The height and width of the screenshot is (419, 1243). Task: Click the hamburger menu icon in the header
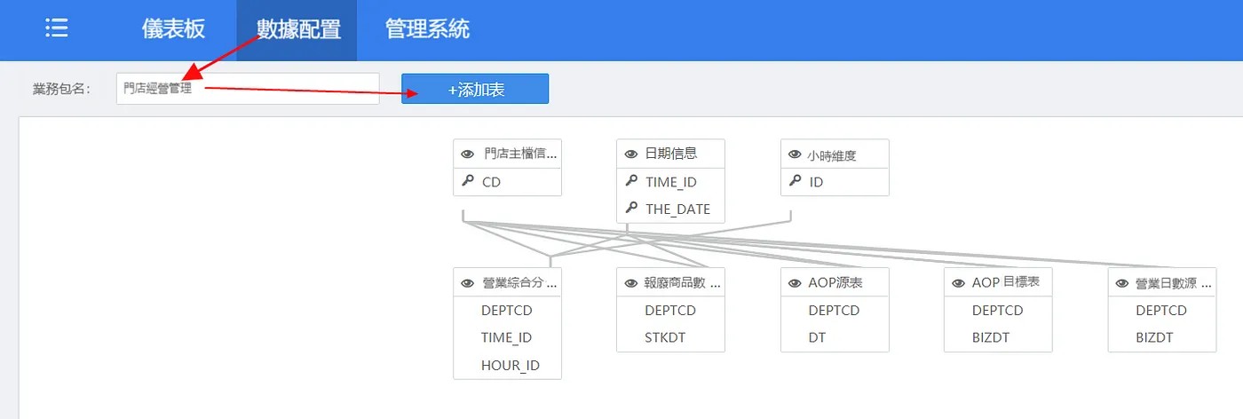(x=57, y=28)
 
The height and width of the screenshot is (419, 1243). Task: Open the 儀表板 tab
(x=173, y=29)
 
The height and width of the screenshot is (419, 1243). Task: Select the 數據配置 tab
(x=298, y=29)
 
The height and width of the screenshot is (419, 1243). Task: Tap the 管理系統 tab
(x=427, y=29)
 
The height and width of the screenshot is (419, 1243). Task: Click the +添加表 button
(x=475, y=89)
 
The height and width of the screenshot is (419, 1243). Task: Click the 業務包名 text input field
(x=248, y=89)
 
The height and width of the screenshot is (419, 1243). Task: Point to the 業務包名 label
(x=61, y=89)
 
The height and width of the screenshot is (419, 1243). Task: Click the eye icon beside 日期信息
(x=631, y=154)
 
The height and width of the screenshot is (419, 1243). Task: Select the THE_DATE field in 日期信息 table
(x=677, y=209)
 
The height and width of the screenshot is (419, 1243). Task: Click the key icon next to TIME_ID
(x=631, y=181)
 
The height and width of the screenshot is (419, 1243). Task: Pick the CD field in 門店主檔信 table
(x=491, y=182)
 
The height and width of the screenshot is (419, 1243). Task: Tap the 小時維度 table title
(x=831, y=155)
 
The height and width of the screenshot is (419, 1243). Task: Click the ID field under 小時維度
(x=816, y=182)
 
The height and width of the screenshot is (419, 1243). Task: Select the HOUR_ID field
(x=510, y=365)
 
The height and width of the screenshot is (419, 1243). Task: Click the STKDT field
(x=665, y=337)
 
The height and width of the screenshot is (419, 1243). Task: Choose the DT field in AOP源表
(x=817, y=337)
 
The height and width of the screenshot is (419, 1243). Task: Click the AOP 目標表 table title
(x=1005, y=282)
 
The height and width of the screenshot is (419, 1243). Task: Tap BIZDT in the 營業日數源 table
(x=1154, y=337)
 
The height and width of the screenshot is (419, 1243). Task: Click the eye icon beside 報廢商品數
(x=631, y=283)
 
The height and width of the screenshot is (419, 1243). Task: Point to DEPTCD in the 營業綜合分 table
(x=506, y=310)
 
